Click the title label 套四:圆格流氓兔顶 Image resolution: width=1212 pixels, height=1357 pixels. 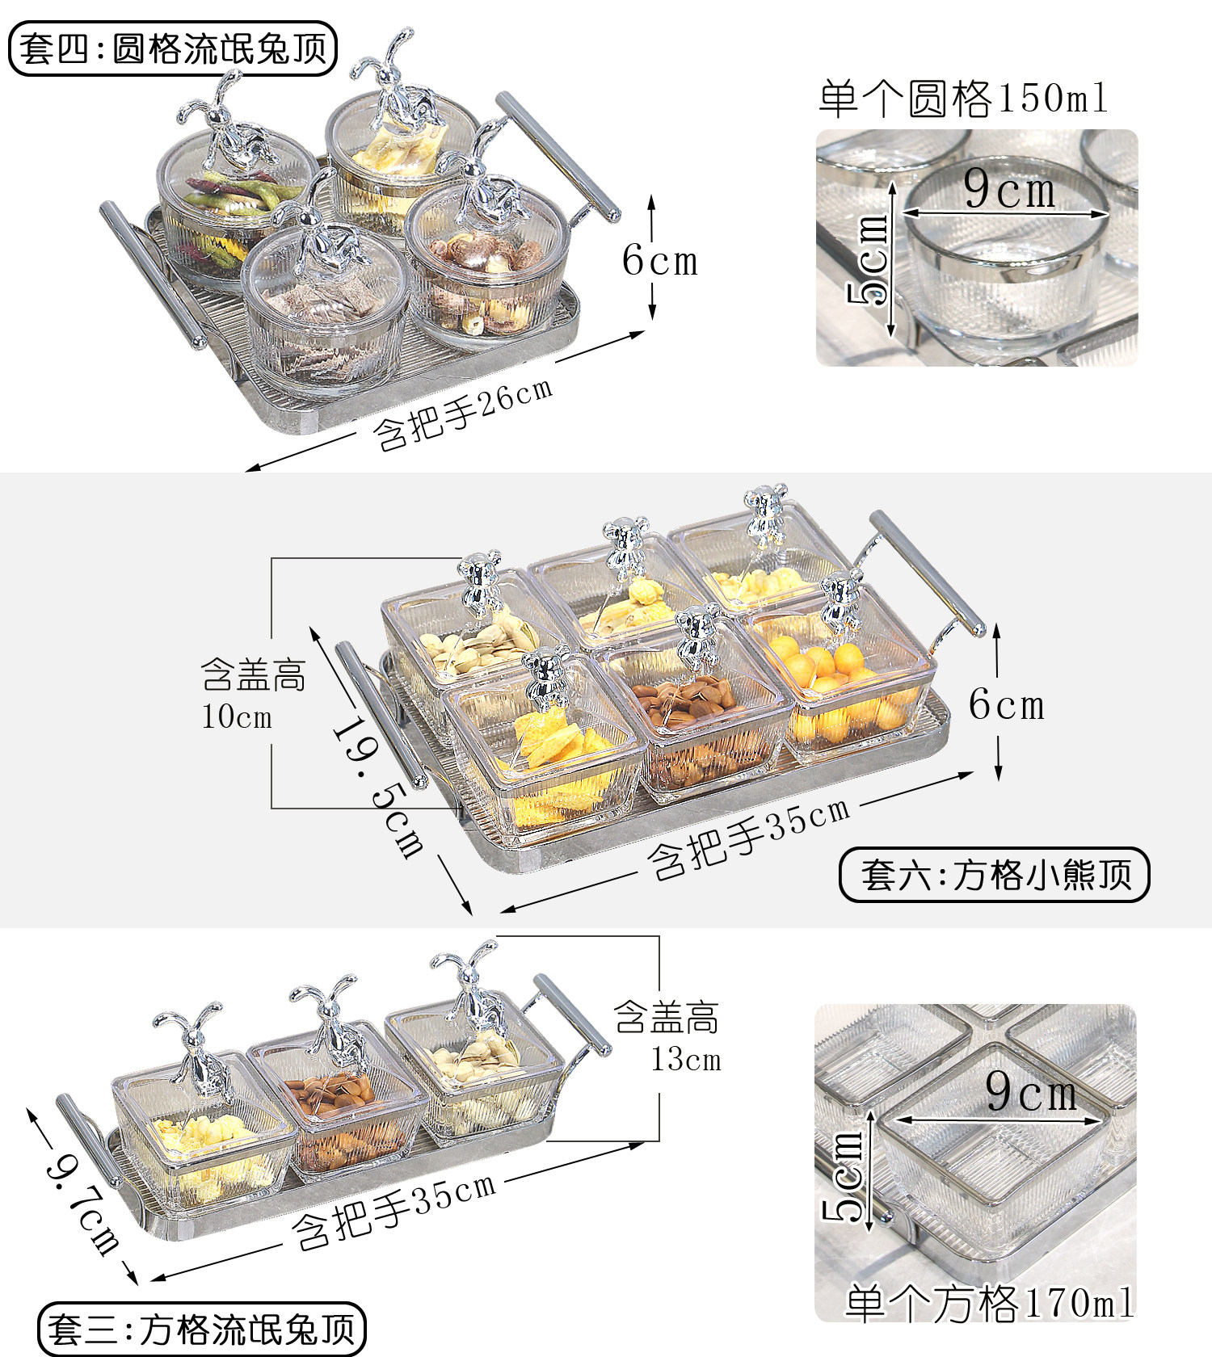172,48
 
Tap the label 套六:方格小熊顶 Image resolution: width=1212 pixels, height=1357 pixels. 995,875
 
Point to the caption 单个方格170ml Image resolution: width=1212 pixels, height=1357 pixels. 989,1303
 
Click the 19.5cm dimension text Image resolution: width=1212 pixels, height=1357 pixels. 378,788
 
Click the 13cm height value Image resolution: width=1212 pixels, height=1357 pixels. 686,1060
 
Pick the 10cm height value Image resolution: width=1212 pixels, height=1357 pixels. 237,716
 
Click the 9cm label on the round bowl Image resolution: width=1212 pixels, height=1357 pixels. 1009,191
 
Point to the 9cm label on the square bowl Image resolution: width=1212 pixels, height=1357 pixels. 1031,1093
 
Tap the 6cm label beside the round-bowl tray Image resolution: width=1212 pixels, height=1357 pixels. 659,261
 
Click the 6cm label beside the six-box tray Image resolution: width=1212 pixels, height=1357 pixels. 1006,705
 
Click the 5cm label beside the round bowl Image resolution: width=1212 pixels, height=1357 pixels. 869,258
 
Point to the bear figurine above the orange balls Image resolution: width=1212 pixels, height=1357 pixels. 841,602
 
